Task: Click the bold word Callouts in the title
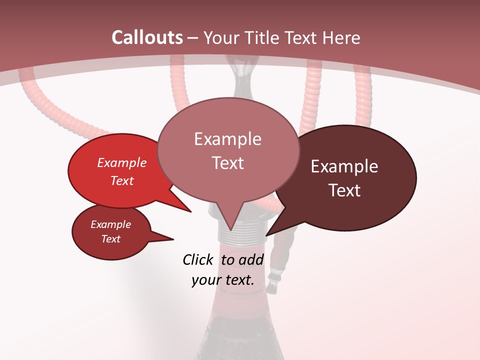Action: pyautogui.click(x=147, y=37)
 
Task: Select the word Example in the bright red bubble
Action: pyautogui.click(x=122, y=162)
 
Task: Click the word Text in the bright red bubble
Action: pyautogui.click(x=122, y=180)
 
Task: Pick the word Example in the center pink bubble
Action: pyautogui.click(x=227, y=139)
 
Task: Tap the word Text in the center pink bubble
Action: pyautogui.click(x=227, y=163)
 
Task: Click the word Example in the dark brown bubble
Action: pyautogui.click(x=344, y=166)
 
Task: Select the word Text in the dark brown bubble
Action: pyautogui.click(x=344, y=190)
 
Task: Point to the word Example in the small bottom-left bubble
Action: pyautogui.click(x=110, y=224)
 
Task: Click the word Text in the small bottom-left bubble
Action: pyautogui.click(x=110, y=239)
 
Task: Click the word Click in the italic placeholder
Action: pyautogui.click(x=198, y=259)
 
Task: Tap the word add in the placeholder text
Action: pyautogui.click(x=251, y=259)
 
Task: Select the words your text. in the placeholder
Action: pyautogui.click(x=222, y=280)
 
